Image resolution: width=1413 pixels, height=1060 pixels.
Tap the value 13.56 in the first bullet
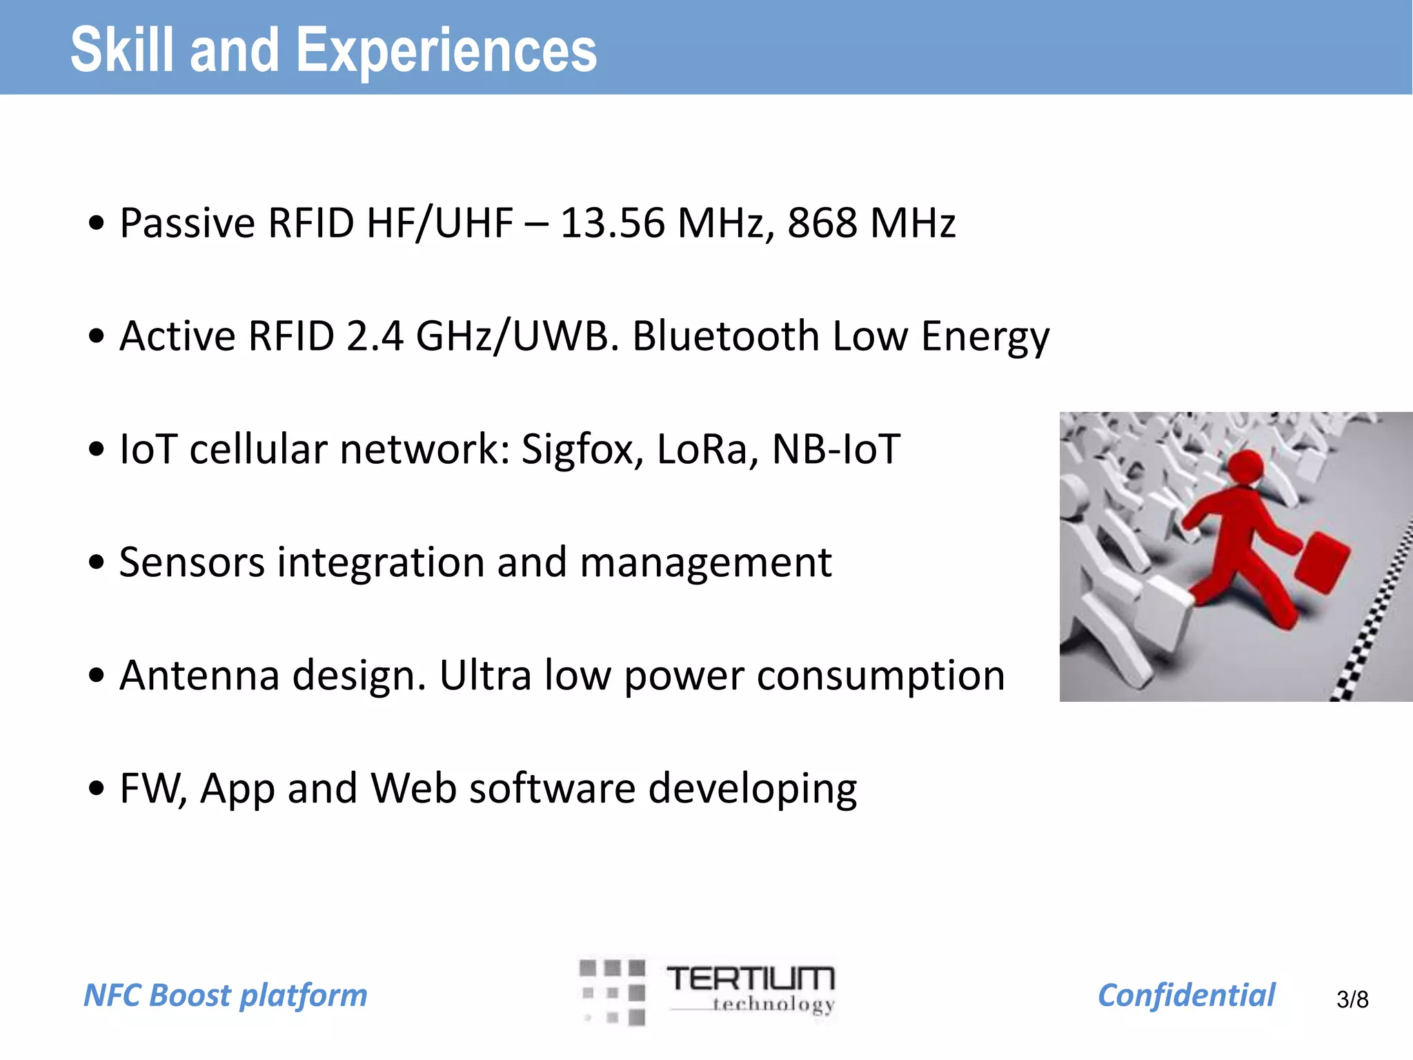[613, 224]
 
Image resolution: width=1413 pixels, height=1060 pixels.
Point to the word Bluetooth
[726, 337]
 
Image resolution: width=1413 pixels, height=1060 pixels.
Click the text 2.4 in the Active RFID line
[375, 337]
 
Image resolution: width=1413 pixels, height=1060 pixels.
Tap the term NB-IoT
[836, 449]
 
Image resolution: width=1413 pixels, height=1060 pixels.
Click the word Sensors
[192, 562]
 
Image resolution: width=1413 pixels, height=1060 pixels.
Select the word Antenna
[199, 676]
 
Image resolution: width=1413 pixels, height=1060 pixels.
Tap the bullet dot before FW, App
[97, 788]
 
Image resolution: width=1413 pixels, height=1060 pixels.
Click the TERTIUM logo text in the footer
[751, 979]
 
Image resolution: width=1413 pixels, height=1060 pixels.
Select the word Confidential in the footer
[1186, 995]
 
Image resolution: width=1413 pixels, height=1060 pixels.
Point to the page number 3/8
[1352, 999]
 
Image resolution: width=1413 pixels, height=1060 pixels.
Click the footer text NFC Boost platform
[226, 995]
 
